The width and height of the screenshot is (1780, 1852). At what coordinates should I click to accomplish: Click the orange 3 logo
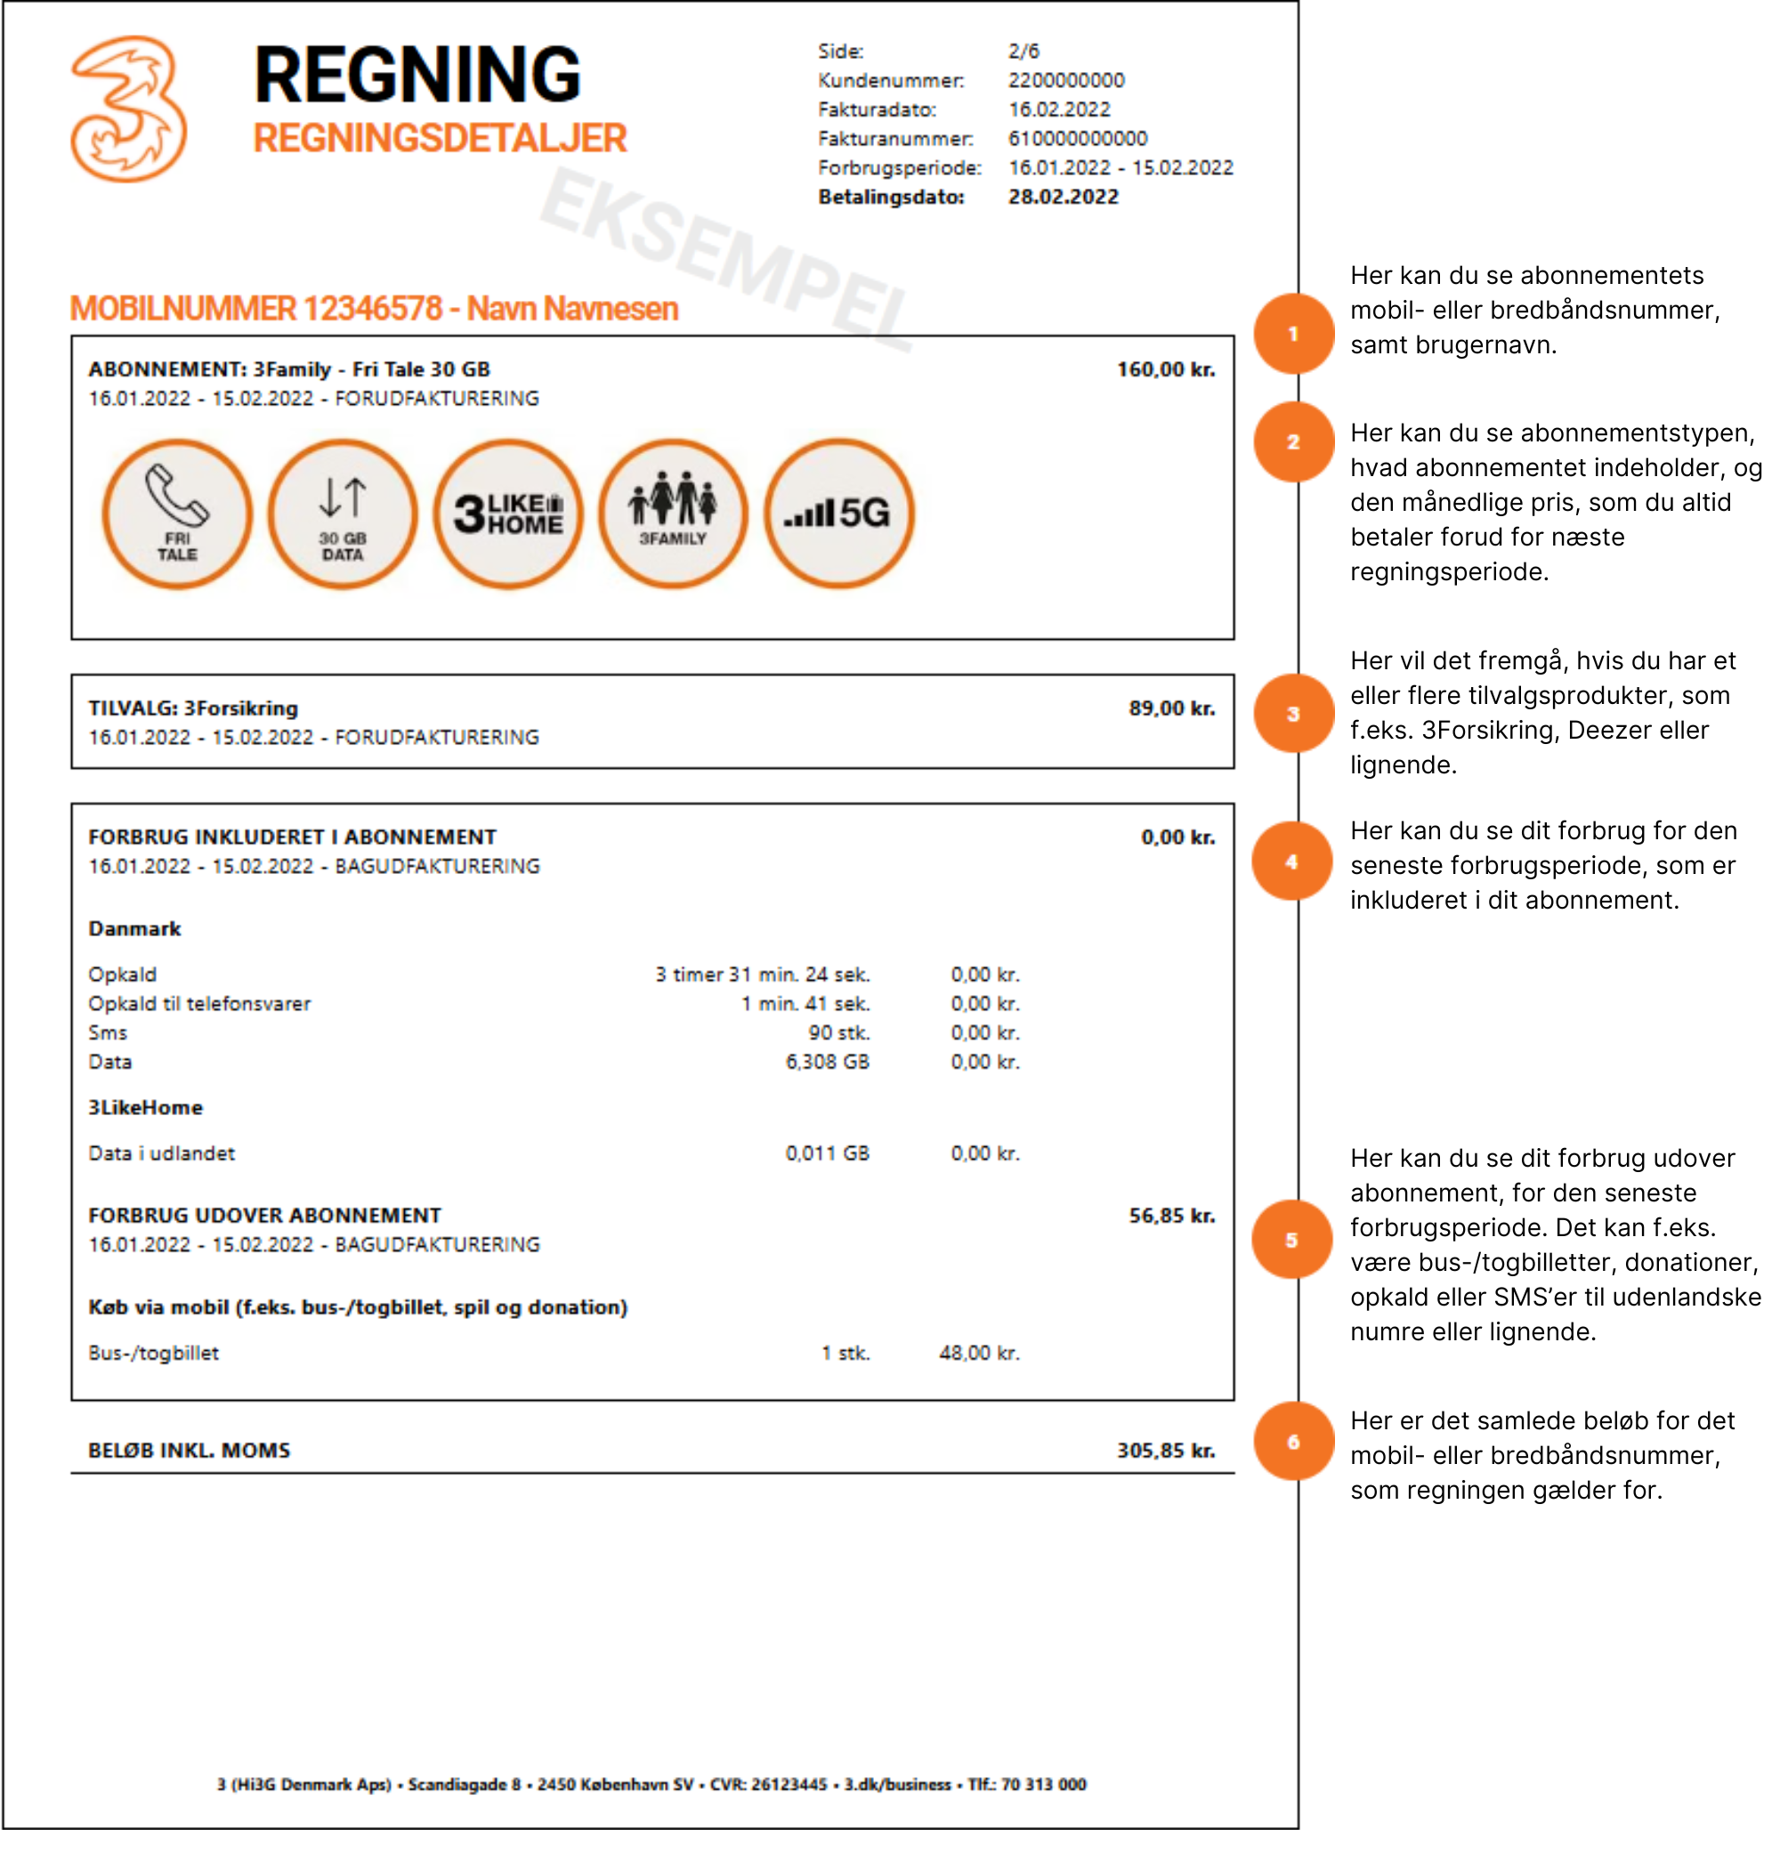pyautogui.click(x=128, y=109)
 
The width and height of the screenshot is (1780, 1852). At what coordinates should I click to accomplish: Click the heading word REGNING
pyautogui.click(x=417, y=76)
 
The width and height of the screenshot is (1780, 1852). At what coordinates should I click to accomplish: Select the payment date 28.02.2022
pyautogui.click(x=1063, y=198)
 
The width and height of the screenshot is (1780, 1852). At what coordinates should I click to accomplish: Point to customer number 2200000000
pyautogui.click(x=1065, y=80)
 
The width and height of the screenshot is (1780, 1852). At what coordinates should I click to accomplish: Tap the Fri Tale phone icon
pyautogui.click(x=177, y=514)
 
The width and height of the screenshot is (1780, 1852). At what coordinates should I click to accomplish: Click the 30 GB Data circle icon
pyautogui.click(x=342, y=514)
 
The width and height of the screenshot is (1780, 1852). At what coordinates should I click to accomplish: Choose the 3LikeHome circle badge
pyautogui.click(x=508, y=514)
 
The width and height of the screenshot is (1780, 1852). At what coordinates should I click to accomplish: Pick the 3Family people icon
pyautogui.click(x=673, y=514)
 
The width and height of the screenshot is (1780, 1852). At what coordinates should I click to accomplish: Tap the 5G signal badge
pyautogui.click(x=838, y=514)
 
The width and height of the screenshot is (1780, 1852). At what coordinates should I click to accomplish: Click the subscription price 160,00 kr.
pyautogui.click(x=1165, y=369)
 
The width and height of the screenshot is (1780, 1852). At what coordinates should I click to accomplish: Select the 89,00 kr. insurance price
pyautogui.click(x=1170, y=708)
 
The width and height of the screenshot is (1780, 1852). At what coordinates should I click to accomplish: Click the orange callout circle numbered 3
pyautogui.click(x=1292, y=715)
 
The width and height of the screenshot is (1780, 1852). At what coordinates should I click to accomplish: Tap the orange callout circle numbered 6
pyautogui.click(x=1292, y=1442)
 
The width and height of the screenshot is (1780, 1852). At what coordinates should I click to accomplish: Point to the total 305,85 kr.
pyautogui.click(x=1165, y=1451)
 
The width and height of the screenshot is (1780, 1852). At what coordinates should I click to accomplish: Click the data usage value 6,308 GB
pyautogui.click(x=827, y=1062)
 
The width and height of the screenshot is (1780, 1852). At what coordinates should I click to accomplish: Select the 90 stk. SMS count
pyautogui.click(x=838, y=1032)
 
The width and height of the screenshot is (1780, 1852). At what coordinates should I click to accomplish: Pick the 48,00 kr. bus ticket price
pyautogui.click(x=979, y=1353)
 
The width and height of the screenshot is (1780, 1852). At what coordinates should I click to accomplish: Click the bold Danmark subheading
pyautogui.click(x=134, y=929)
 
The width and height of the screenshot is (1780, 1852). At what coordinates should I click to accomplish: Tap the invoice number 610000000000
pyautogui.click(x=1077, y=139)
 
